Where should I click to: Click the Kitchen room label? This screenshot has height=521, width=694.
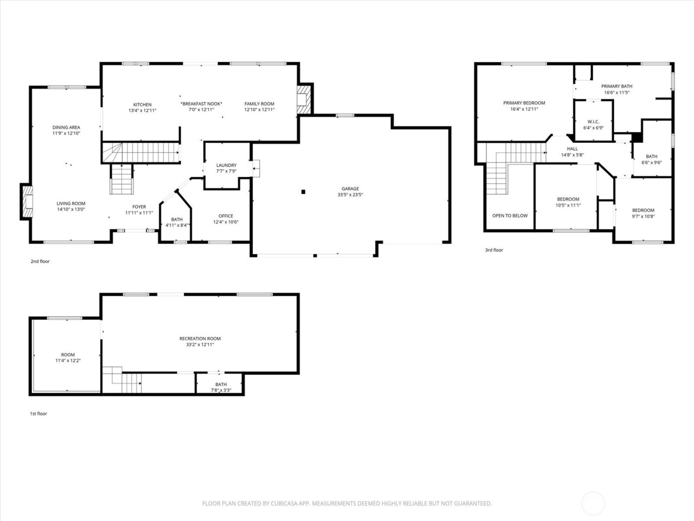pyautogui.click(x=142, y=105)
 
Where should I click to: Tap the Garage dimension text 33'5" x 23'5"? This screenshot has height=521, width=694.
pyautogui.click(x=350, y=195)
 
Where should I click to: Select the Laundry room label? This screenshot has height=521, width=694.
pyautogui.click(x=226, y=165)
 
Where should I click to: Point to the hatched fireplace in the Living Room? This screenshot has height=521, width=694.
pyautogui.click(x=27, y=201)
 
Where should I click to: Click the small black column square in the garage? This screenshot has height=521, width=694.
pyautogui.click(x=303, y=192)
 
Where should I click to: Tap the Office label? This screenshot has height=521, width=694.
pyautogui.click(x=226, y=216)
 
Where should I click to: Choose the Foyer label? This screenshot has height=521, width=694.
pyautogui.click(x=139, y=207)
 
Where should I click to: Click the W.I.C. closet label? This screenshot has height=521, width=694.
pyautogui.click(x=593, y=122)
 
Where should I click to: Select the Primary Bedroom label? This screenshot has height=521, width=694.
pyautogui.click(x=524, y=103)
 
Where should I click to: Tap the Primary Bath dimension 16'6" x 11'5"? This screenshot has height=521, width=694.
pyautogui.click(x=617, y=93)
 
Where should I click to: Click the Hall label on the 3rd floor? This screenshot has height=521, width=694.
pyautogui.click(x=572, y=149)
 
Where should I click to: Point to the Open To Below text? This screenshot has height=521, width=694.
pyautogui.click(x=510, y=216)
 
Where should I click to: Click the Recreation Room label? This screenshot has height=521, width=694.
pyautogui.click(x=200, y=338)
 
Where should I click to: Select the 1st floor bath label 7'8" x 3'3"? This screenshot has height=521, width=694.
pyautogui.click(x=221, y=390)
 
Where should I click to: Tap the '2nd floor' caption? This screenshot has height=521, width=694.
pyautogui.click(x=40, y=261)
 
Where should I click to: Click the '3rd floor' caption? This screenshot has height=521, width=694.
pyautogui.click(x=494, y=250)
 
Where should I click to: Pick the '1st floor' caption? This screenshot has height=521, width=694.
pyautogui.click(x=39, y=413)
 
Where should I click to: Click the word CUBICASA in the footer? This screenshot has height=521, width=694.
pyautogui.click(x=284, y=504)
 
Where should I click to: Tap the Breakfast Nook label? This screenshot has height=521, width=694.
pyautogui.click(x=201, y=104)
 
